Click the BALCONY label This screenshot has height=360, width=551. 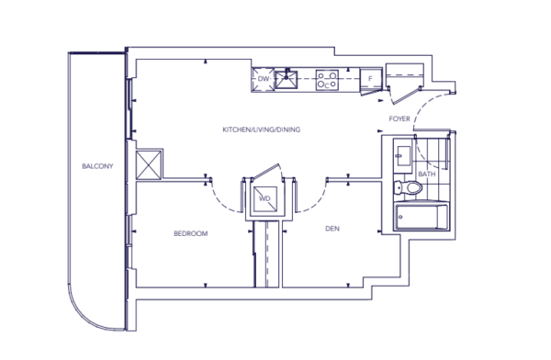tap(97, 166)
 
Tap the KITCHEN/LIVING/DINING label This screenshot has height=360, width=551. tap(262, 129)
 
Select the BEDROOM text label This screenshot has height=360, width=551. tap(191, 233)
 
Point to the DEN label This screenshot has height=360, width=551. tap(332, 229)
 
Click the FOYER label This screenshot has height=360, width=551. tap(399, 118)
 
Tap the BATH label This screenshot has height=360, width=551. tap(427, 174)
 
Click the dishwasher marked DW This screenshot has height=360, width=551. tap(264, 80)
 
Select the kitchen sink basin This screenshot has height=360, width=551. tap(286, 80)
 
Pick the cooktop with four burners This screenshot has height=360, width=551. tap(327, 80)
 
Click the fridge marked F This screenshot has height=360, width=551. tap(371, 79)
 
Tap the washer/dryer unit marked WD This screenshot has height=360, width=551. tap(265, 199)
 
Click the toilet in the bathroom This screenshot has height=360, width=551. tap(409, 187)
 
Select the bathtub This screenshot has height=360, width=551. tap(422, 218)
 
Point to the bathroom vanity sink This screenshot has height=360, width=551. tap(402, 156)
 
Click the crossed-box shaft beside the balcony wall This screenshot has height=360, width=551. tap(149, 165)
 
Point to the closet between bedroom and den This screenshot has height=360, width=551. tap(266, 253)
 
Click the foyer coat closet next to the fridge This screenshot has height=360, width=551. tap(405, 75)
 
